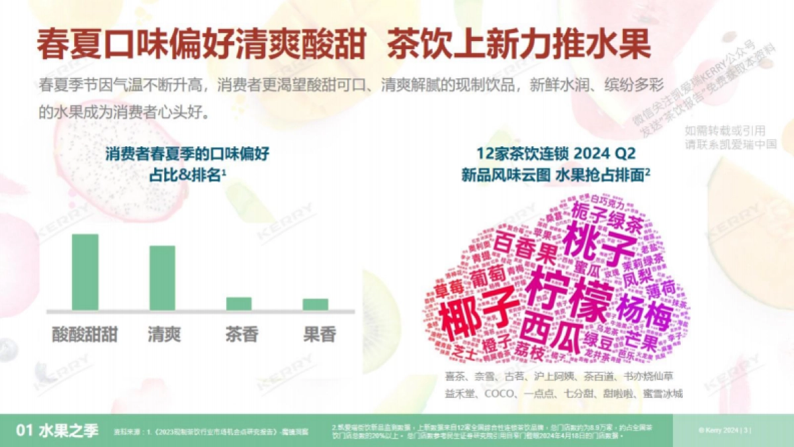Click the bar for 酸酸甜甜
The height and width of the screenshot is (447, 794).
(x=85, y=272)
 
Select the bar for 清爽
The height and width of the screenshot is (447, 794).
(x=162, y=278)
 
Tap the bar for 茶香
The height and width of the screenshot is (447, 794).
(x=239, y=303)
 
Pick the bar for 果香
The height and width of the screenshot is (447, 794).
(x=316, y=304)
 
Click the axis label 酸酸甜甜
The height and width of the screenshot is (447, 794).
(x=85, y=334)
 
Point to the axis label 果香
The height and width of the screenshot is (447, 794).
(x=319, y=334)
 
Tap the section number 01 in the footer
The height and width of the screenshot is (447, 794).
(x=24, y=431)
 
